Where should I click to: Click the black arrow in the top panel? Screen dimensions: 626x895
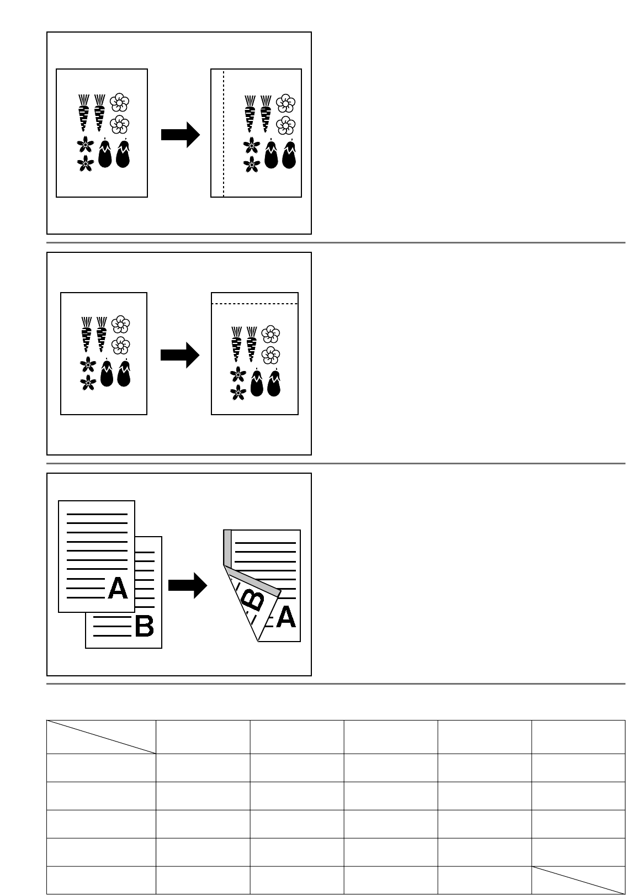click(x=180, y=135)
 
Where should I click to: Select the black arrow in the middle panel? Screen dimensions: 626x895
click(x=179, y=356)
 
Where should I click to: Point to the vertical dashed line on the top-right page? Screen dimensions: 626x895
click(x=223, y=133)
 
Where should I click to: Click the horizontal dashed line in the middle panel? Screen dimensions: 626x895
click(x=254, y=304)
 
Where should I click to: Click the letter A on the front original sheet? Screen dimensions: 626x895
click(x=118, y=589)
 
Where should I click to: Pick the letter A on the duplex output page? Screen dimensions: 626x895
click(x=285, y=617)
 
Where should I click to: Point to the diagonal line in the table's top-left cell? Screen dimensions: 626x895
click(x=101, y=737)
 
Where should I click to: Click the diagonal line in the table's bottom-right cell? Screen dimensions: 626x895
click(x=579, y=880)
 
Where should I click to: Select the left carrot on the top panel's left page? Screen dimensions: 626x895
click(x=83, y=112)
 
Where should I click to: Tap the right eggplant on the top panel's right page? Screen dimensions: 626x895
click(x=289, y=155)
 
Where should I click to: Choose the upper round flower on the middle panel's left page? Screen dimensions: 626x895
click(x=120, y=324)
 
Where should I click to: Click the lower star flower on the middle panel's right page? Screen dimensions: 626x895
click(x=238, y=393)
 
